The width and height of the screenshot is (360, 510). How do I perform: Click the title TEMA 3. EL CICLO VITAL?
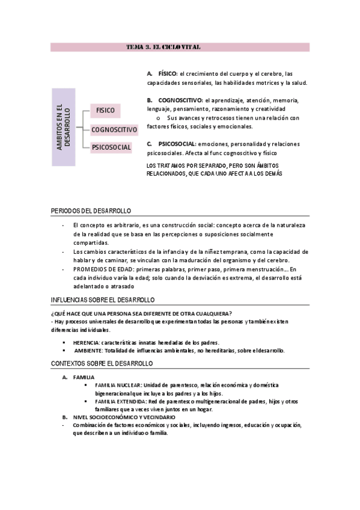click(164, 47)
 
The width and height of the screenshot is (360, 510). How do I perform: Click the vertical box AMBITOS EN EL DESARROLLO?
click(63, 127)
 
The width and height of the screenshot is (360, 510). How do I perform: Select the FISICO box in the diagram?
click(106, 111)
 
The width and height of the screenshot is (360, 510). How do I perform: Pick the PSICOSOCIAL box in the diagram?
click(112, 147)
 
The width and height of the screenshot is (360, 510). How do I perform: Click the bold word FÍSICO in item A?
click(168, 73)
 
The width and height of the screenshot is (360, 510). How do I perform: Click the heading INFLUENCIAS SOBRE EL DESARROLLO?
click(102, 300)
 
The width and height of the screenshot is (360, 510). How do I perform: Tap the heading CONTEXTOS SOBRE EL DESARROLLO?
click(102, 364)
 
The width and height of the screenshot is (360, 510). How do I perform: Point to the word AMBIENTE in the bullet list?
click(88, 351)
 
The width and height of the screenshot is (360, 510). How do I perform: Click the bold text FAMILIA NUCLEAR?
click(118, 385)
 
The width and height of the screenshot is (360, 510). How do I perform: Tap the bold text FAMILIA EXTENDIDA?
click(120, 401)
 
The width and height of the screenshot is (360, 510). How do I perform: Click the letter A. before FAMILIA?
click(65, 377)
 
